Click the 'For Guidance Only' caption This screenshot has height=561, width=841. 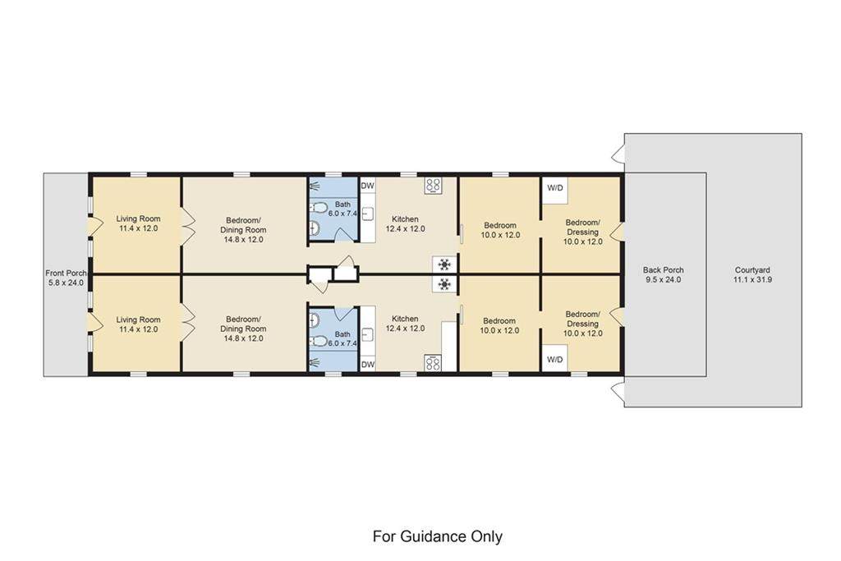[x=437, y=536]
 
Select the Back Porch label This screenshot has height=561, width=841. [x=663, y=274]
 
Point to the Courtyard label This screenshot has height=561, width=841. [x=752, y=274]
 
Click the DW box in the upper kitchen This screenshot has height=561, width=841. [x=367, y=186]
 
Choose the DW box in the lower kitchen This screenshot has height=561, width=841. [x=367, y=364]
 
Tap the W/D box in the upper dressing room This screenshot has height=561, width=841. [x=554, y=188]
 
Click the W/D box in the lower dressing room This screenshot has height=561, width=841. [x=554, y=359]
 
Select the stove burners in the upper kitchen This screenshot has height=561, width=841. [x=433, y=186]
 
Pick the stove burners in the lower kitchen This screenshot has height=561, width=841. [x=433, y=363]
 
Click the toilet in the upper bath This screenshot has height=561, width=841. [x=319, y=208]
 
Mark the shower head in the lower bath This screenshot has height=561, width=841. [x=315, y=363]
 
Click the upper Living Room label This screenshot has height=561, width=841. [x=138, y=223]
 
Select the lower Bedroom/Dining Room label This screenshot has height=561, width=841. [x=243, y=329]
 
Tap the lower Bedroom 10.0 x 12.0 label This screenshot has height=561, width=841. [x=499, y=325]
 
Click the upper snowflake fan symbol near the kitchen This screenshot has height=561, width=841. [x=444, y=264]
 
